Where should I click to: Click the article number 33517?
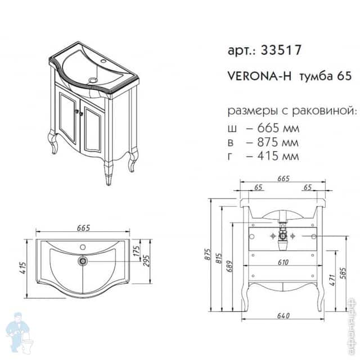[281, 50]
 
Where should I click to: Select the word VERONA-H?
[259, 76]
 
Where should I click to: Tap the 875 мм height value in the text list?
[277, 142]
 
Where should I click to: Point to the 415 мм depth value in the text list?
[278, 156]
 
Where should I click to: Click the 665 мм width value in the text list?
[278, 128]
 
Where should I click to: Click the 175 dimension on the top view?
[136, 251]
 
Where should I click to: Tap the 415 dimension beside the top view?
[24, 268]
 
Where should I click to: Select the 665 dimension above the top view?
[84, 228]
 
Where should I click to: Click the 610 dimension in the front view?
[283, 262]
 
